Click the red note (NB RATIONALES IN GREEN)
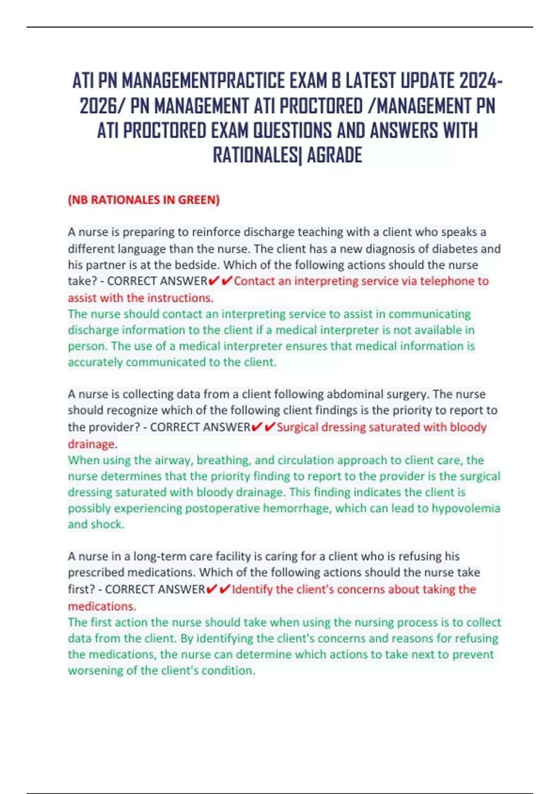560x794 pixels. [144, 200]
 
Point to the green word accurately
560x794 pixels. [95, 362]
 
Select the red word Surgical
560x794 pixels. [297, 427]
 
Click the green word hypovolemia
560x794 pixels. [466, 508]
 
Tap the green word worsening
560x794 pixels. [95, 671]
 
